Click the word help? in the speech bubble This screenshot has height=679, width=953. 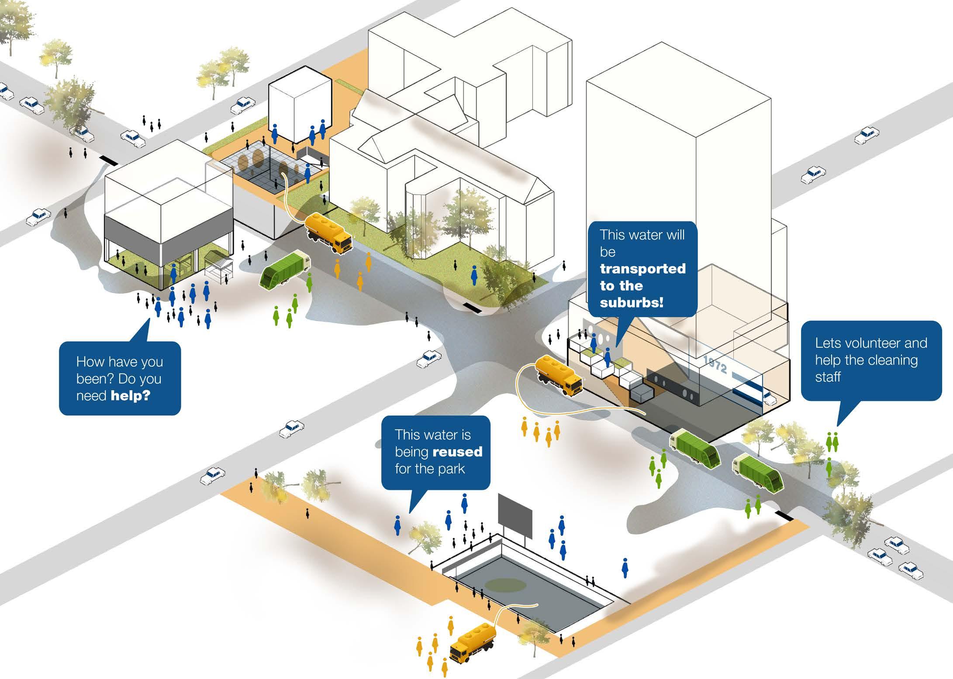[130, 396]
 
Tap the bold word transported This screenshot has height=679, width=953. [642, 269]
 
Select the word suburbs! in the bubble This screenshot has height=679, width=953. [632, 302]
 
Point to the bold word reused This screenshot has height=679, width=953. [457, 452]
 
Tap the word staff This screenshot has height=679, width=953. [828, 377]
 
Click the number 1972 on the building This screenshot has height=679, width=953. [715, 365]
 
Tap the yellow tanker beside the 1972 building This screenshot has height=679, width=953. [559, 374]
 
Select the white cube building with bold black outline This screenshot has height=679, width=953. [300, 105]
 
